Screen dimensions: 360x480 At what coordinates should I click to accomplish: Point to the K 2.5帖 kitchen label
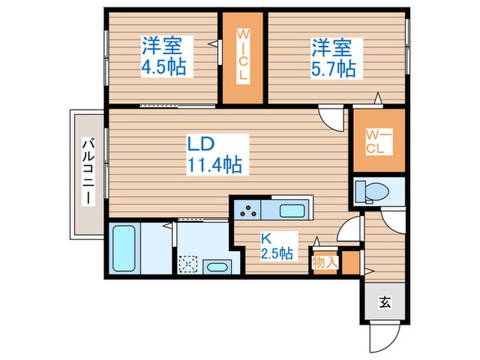275,247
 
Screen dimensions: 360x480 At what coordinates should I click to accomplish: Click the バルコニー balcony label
88,171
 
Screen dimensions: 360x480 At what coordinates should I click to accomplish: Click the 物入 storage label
324,261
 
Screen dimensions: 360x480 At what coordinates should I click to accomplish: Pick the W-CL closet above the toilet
378,141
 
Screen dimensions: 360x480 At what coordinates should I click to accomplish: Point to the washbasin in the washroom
217,267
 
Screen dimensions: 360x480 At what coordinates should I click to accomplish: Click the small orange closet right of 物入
350,261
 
